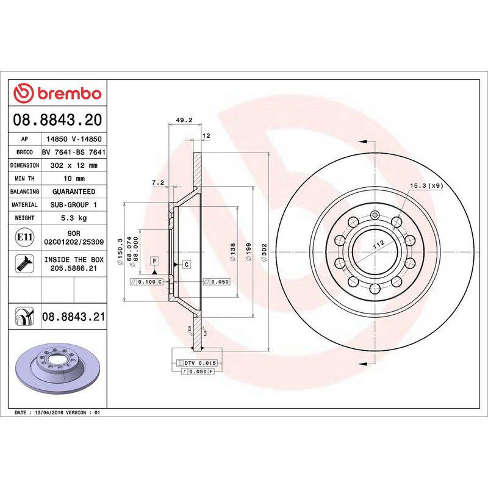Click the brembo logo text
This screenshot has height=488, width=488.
coord(69,94)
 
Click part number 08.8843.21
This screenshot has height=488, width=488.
coord(73,317)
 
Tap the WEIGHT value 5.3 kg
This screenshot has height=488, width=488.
coord(73,218)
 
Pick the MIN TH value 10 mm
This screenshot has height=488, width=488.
coord(73,178)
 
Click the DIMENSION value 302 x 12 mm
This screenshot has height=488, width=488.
coord(73,165)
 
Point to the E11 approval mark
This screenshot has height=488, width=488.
coord(24,237)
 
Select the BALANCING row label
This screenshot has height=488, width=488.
coord(24,192)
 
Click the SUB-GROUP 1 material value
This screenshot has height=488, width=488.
coord(73,205)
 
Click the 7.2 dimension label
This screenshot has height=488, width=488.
coord(158,182)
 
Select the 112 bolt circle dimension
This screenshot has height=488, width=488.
coord(378,243)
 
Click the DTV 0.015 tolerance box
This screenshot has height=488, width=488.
coord(198,362)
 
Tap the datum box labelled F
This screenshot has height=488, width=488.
coord(155,261)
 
